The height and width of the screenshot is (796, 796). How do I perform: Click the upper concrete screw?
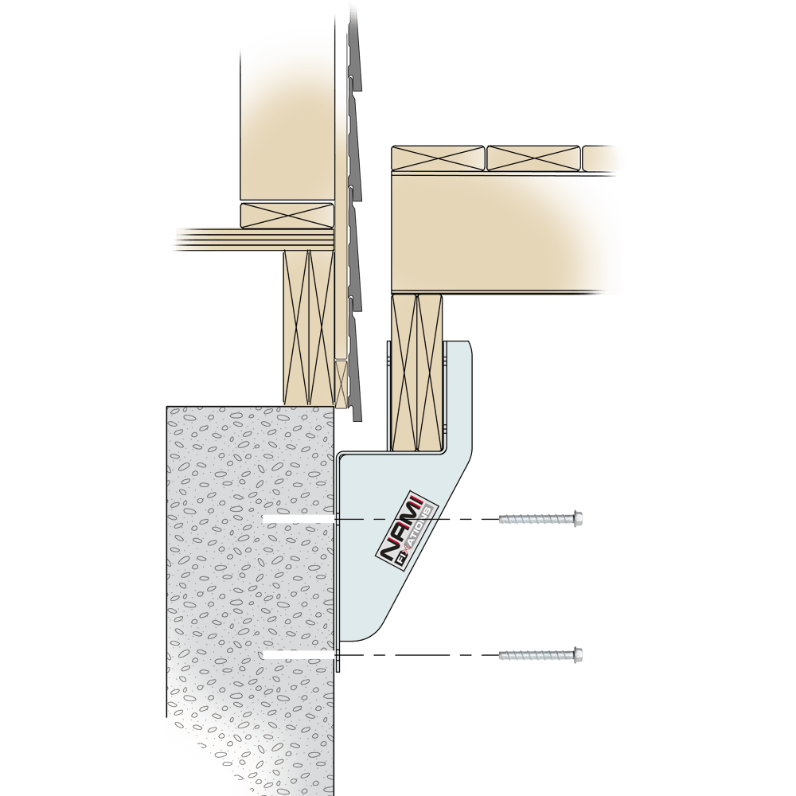(540, 518)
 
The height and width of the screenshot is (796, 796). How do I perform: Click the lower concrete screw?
(540, 655)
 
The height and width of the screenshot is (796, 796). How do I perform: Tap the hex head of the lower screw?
(578, 655)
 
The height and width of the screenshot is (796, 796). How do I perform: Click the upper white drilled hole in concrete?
(298, 519)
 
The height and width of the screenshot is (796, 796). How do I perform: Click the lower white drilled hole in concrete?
(298, 655)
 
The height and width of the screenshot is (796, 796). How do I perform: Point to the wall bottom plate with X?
(287, 216)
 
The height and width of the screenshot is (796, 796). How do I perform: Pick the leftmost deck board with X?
(438, 158)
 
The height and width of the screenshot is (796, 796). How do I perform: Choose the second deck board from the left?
(533, 158)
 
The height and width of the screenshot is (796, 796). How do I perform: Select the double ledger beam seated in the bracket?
(417, 373)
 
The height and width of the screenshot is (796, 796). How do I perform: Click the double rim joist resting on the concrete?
(309, 327)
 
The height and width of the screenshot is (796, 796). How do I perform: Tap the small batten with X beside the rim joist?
(341, 384)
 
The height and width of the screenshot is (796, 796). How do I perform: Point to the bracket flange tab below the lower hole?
(338, 660)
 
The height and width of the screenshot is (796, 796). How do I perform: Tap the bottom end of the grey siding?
(357, 419)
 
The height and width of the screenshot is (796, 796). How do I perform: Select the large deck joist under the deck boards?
(505, 233)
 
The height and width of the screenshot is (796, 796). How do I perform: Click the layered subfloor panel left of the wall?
(254, 239)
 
